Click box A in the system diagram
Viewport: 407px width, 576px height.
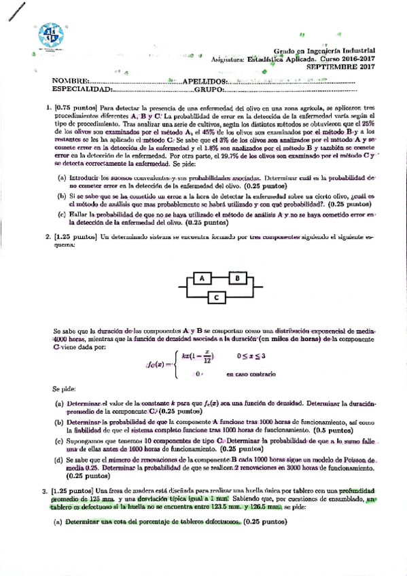[201, 278]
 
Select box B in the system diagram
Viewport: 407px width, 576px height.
[238, 278]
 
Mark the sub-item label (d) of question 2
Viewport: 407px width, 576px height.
[60, 460]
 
